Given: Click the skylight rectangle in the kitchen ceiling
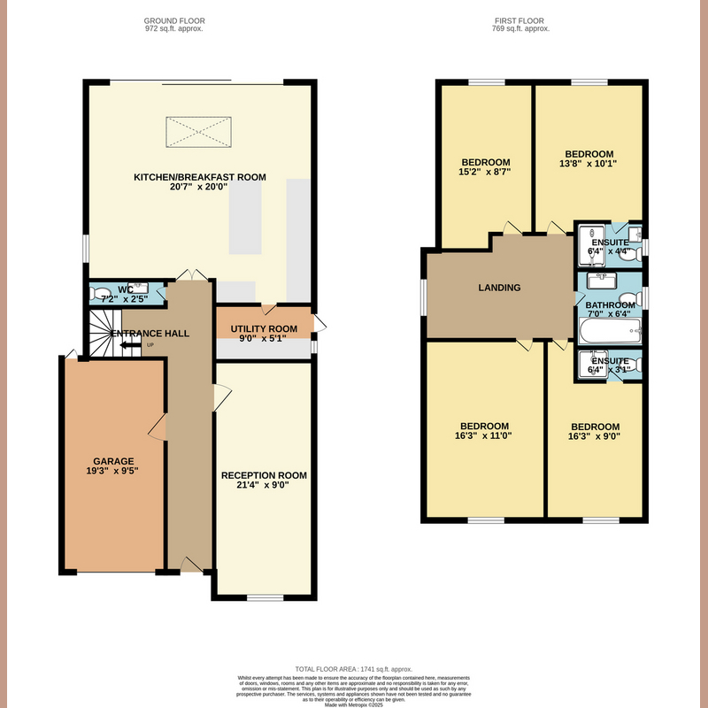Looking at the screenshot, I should point(199,134).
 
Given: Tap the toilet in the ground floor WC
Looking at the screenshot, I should point(100,294).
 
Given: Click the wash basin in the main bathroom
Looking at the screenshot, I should point(604,281).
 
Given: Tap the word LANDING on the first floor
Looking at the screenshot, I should point(499,288).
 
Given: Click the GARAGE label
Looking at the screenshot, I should point(114,461).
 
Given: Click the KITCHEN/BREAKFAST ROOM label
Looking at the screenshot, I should point(199,177).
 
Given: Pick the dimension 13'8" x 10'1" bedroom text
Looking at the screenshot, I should point(589,163).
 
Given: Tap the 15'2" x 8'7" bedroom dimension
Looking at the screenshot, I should point(485,171).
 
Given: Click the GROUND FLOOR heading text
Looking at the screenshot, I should point(173,19).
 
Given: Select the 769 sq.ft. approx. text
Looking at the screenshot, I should point(520,28).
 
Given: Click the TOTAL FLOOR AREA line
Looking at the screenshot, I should point(353,669).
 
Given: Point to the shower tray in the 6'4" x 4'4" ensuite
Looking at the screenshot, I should point(589,241).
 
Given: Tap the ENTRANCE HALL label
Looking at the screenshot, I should point(151,334).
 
